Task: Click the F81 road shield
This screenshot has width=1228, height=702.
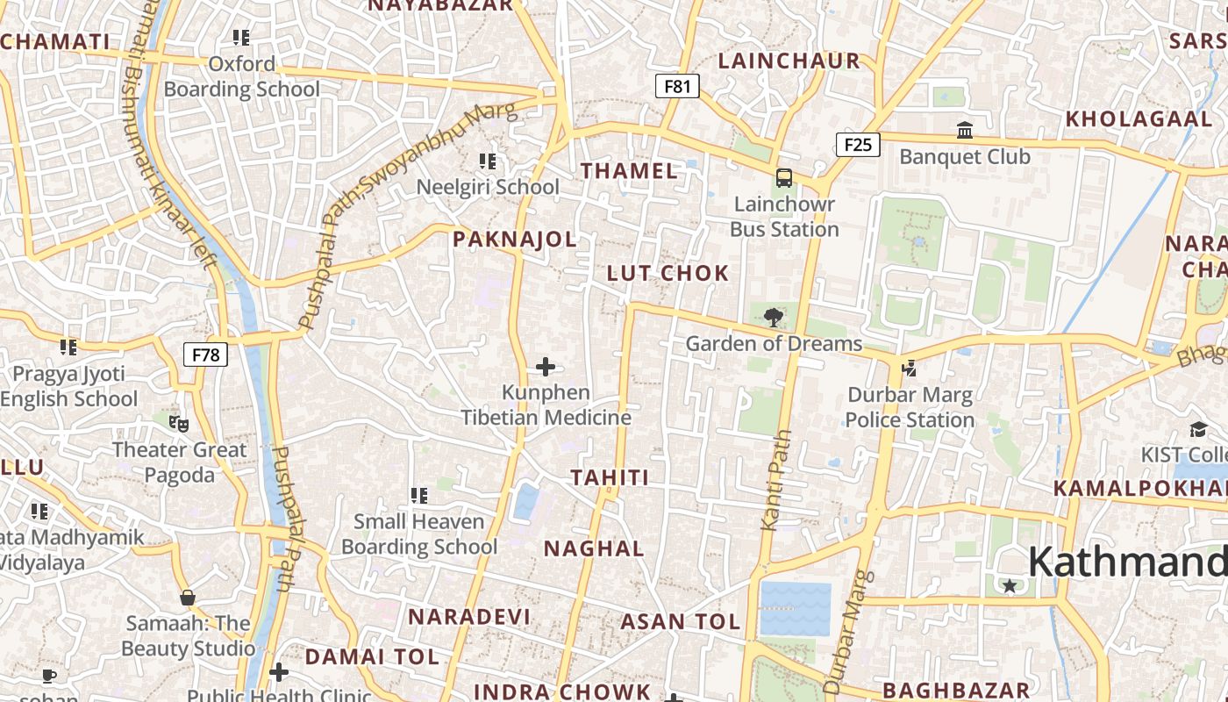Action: pyautogui.click(x=677, y=86)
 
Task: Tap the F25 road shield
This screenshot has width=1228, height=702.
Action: pyautogui.click(x=857, y=144)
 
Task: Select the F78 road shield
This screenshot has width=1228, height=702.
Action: pyautogui.click(x=205, y=355)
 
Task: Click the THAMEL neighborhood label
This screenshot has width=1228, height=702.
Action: pyautogui.click(x=630, y=171)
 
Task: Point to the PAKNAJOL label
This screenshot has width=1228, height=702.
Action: pyautogui.click(x=515, y=239)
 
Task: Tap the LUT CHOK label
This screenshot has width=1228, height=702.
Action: pyautogui.click(x=668, y=273)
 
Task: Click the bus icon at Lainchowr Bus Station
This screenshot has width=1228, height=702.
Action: pyautogui.click(x=784, y=178)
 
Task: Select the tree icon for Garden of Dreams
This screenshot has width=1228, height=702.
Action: pyautogui.click(x=773, y=317)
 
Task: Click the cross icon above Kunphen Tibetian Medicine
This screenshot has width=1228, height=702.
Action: pyautogui.click(x=546, y=367)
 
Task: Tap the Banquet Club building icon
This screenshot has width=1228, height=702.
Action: pyautogui.click(x=965, y=131)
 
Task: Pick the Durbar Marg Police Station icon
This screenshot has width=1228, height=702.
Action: pyautogui.click(x=909, y=369)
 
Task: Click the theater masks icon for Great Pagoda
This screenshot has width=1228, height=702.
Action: pyautogui.click(x=179, y=424)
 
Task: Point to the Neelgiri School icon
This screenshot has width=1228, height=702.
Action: pyautogui.click(x=488, y=161)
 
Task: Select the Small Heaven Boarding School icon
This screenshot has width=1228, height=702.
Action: pyautogui.click(x=419, y=496)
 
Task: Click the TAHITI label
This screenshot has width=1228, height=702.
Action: pyautogui.click(x=610, y=478)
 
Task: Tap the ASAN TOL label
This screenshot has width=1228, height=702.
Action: pyautogui.click(x=681, y=622)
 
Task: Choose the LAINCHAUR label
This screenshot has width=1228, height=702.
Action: pyautogui.click(x=789, y=61)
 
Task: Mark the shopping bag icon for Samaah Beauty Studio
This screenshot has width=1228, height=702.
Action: pyautogui.click(x=187, y=598)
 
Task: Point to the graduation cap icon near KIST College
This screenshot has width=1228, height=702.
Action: pyautogui.click(x=1198, y=429)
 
